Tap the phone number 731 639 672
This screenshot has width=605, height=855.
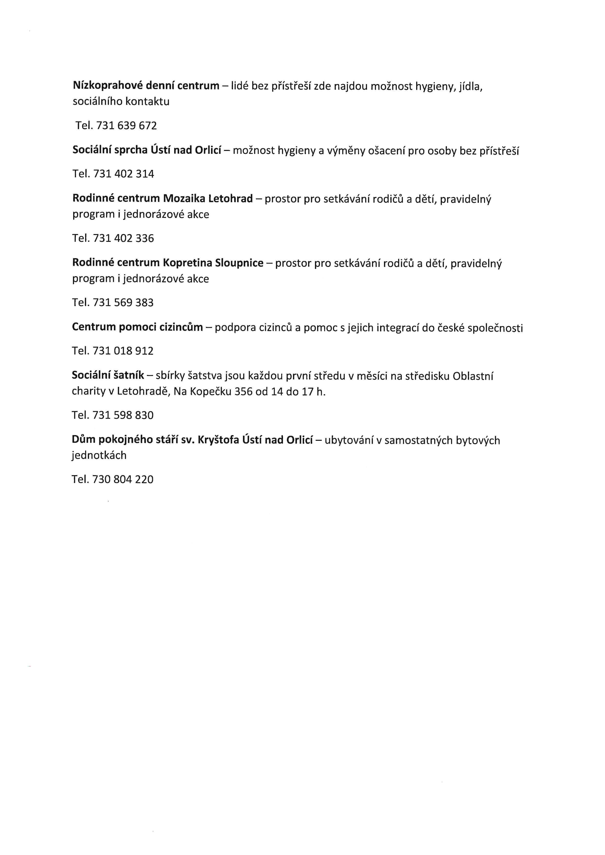(x=126, y=126)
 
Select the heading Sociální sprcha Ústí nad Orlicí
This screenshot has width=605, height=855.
(x=147, y=150)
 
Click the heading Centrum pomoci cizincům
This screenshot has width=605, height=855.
(x=137, y=327)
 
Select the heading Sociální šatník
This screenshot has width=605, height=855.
(x=108, y=375)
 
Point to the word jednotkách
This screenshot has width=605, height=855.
(x=99, y=455)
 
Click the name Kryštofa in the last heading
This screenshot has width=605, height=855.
(x=218, y=440)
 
